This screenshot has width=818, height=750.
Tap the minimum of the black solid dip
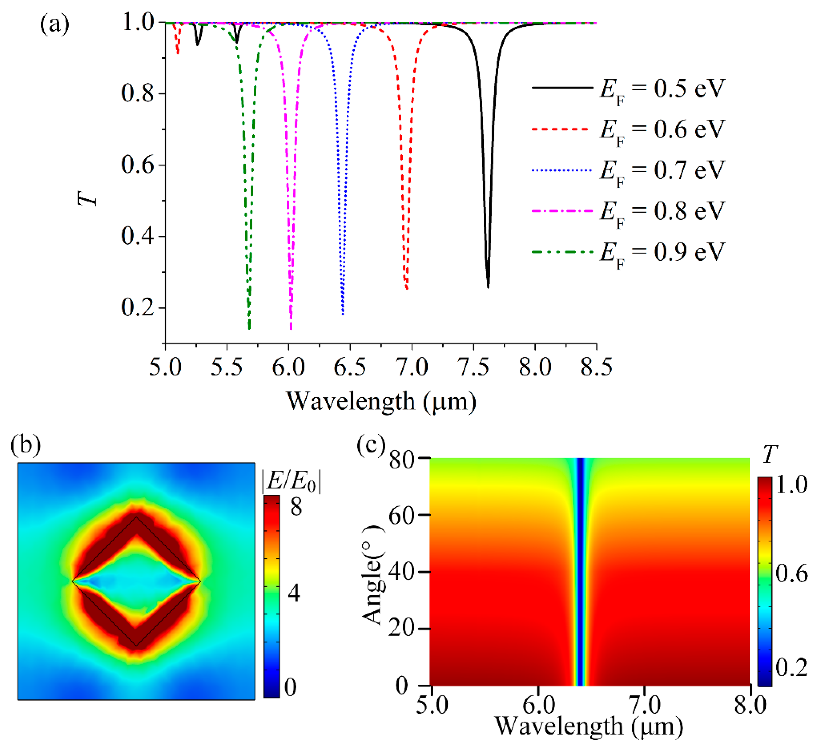click(x=488, y=287)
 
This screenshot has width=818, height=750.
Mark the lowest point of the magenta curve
click(x=291, y=329)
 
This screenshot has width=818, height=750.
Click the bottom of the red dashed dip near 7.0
click(x=406, y=289)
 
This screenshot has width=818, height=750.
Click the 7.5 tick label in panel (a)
click(x=473, y=367)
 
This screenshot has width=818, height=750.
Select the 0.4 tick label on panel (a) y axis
click(x=138, y=237)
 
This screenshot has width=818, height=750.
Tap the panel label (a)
click(x=55, y=25)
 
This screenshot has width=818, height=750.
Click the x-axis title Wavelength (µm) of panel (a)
click(x=381, y=402)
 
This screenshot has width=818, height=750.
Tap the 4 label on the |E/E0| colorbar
click(x=294, y=593)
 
